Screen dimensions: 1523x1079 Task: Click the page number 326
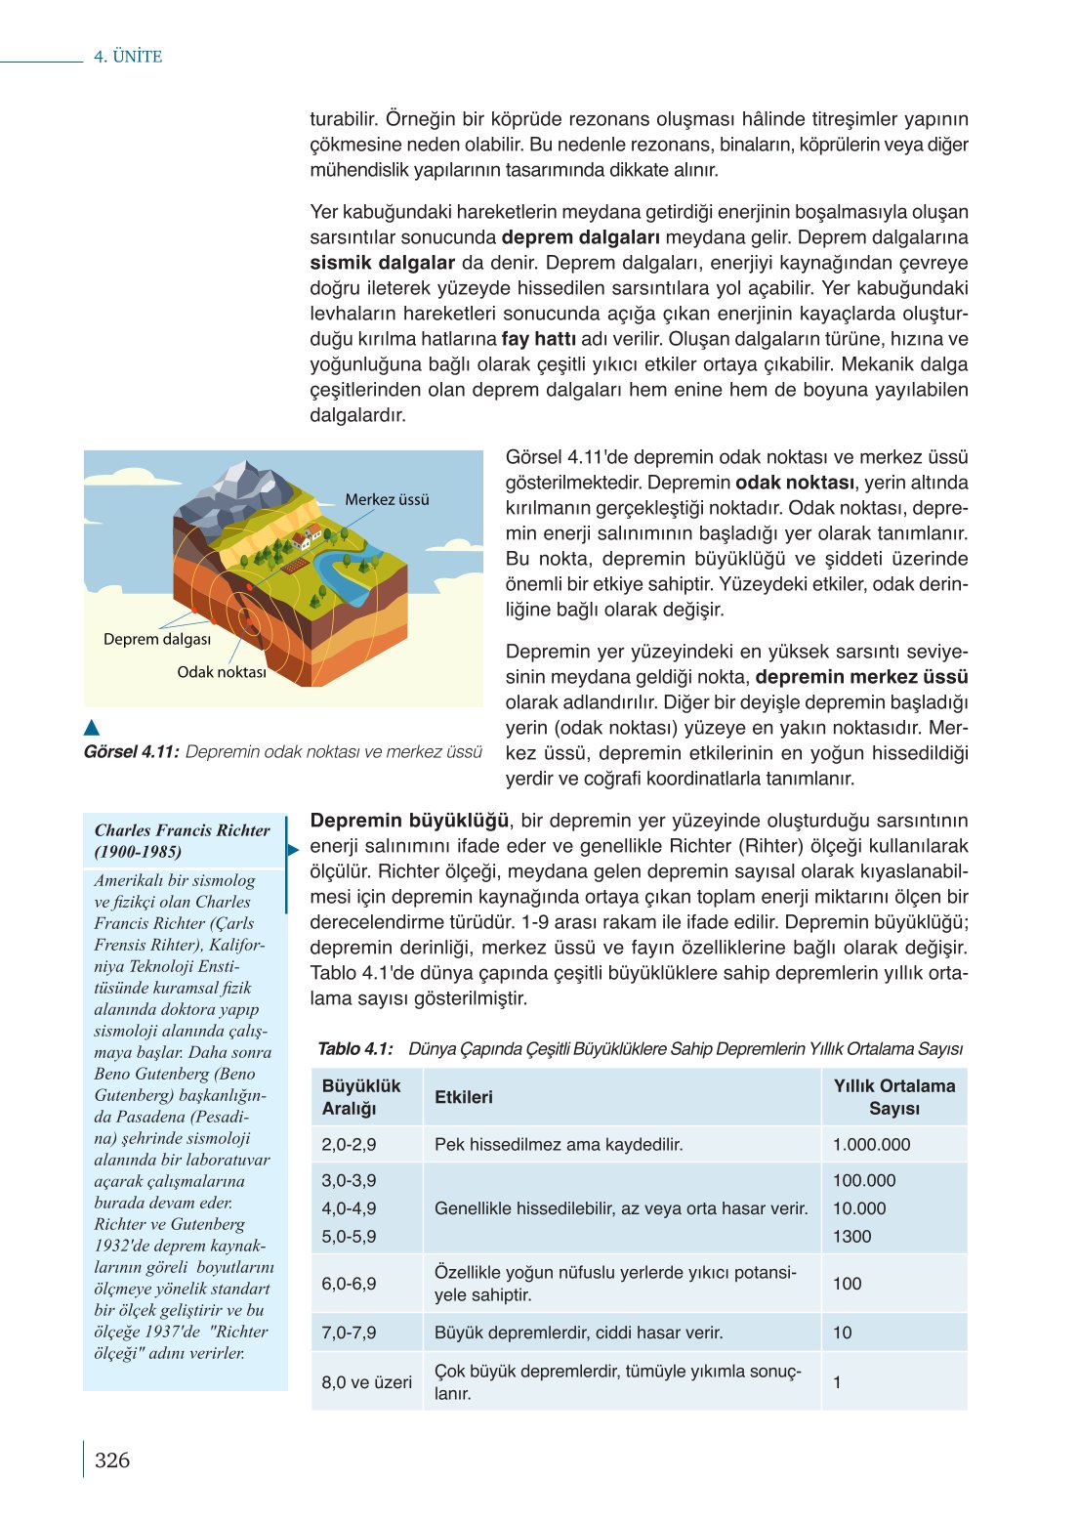[112, 1460]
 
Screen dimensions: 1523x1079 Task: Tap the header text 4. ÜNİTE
[128, 57]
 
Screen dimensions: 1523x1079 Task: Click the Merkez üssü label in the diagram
[387, 499]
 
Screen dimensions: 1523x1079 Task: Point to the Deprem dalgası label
[157, 639]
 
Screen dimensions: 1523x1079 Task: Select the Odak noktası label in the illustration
[222, 672]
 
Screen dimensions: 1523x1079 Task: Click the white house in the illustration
[311, 535]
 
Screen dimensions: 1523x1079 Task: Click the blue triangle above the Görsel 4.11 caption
[92, 728]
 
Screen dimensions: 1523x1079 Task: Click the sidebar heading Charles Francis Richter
[182, 830]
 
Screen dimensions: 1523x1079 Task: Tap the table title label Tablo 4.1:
[355, 1049]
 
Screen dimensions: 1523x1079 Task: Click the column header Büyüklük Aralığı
[361, 1097]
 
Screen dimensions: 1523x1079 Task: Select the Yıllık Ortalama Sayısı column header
[893, 1097]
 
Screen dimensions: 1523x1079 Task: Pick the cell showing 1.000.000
[871, 1145]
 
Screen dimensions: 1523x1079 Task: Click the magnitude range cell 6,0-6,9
[349, 1284]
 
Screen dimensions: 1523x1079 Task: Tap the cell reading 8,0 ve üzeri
[367, 1382]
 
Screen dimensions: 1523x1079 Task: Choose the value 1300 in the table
[851, 1237]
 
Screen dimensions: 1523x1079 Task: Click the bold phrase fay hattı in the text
[538, 339]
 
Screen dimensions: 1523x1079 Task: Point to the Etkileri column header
[464, 1097]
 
